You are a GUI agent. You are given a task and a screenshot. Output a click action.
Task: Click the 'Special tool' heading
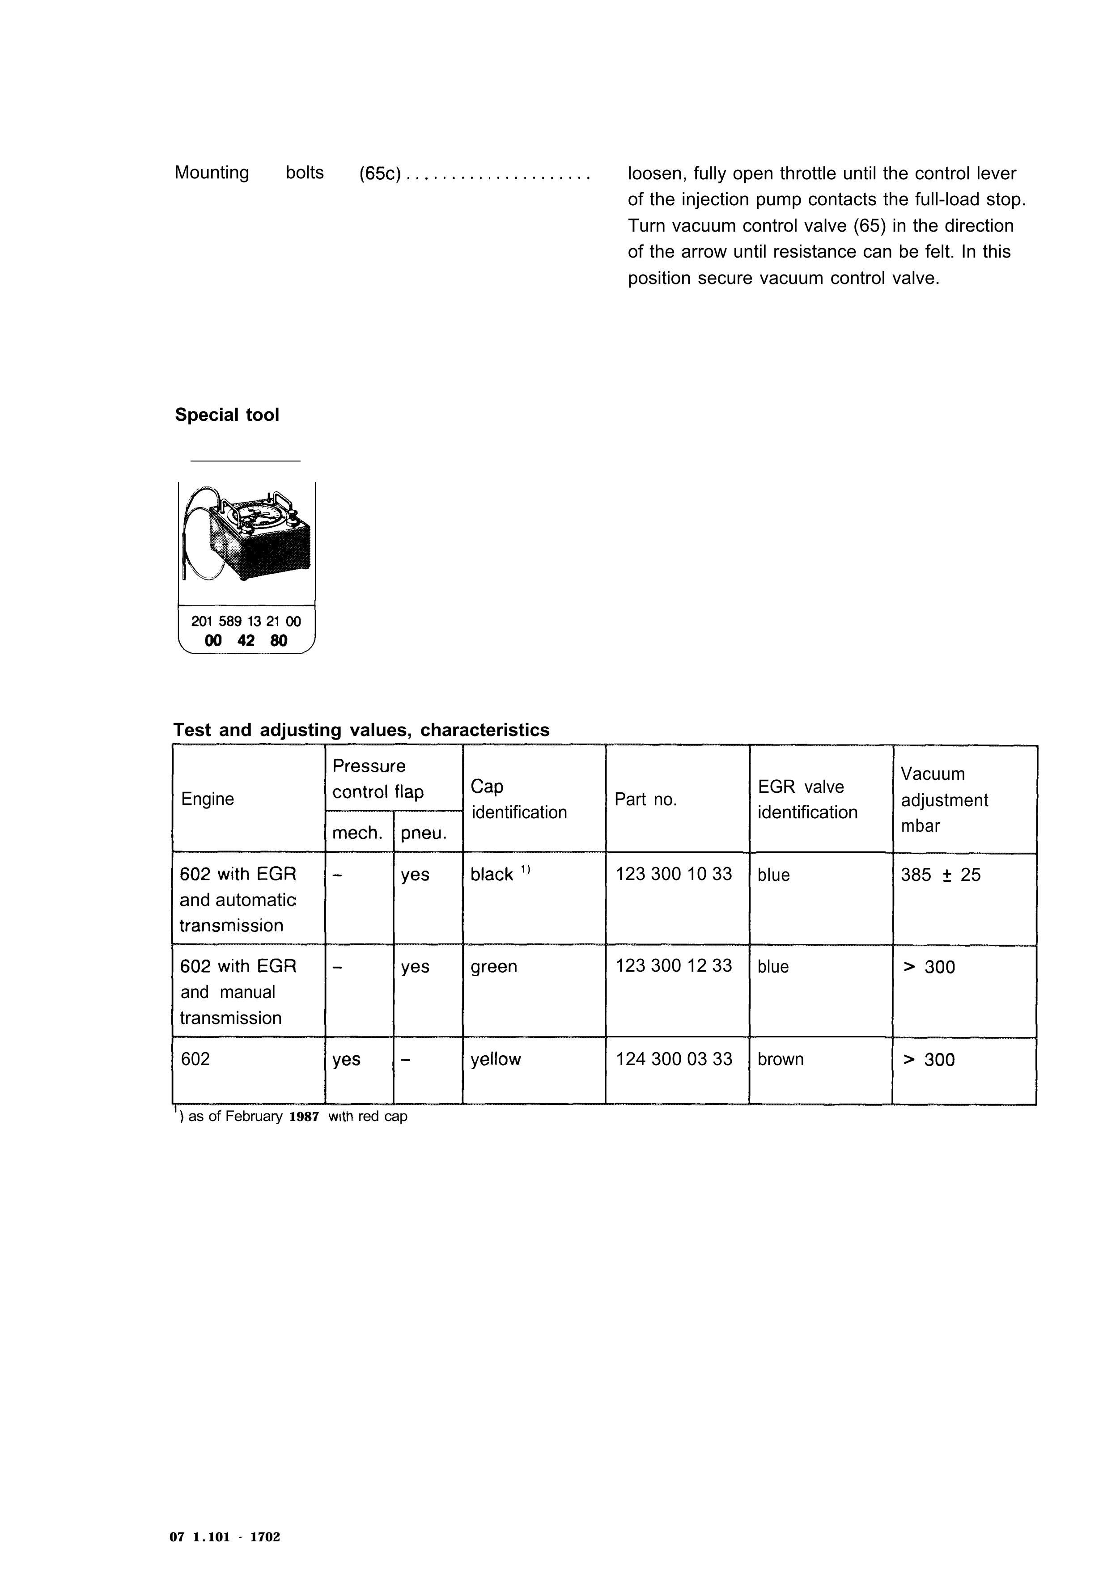227,415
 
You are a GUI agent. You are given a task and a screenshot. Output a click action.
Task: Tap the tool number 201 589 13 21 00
246,621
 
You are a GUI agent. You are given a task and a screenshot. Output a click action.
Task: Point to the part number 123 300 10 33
673,874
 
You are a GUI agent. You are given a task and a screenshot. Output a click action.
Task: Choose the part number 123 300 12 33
673,966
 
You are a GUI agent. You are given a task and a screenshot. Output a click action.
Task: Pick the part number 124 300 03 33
674,1059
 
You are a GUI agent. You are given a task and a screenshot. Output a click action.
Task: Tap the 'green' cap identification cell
494,966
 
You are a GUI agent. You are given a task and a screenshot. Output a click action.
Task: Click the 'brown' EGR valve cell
781,1059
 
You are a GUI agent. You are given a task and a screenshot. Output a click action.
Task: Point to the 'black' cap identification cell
492,874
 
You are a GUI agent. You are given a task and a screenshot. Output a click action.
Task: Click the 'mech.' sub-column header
357,833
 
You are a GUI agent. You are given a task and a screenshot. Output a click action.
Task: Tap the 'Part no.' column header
645,799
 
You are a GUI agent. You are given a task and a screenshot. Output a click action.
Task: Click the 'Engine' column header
208,799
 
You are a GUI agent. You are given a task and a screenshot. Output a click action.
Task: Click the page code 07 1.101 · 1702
225,1537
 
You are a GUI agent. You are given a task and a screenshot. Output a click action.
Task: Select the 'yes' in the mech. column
346,1059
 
